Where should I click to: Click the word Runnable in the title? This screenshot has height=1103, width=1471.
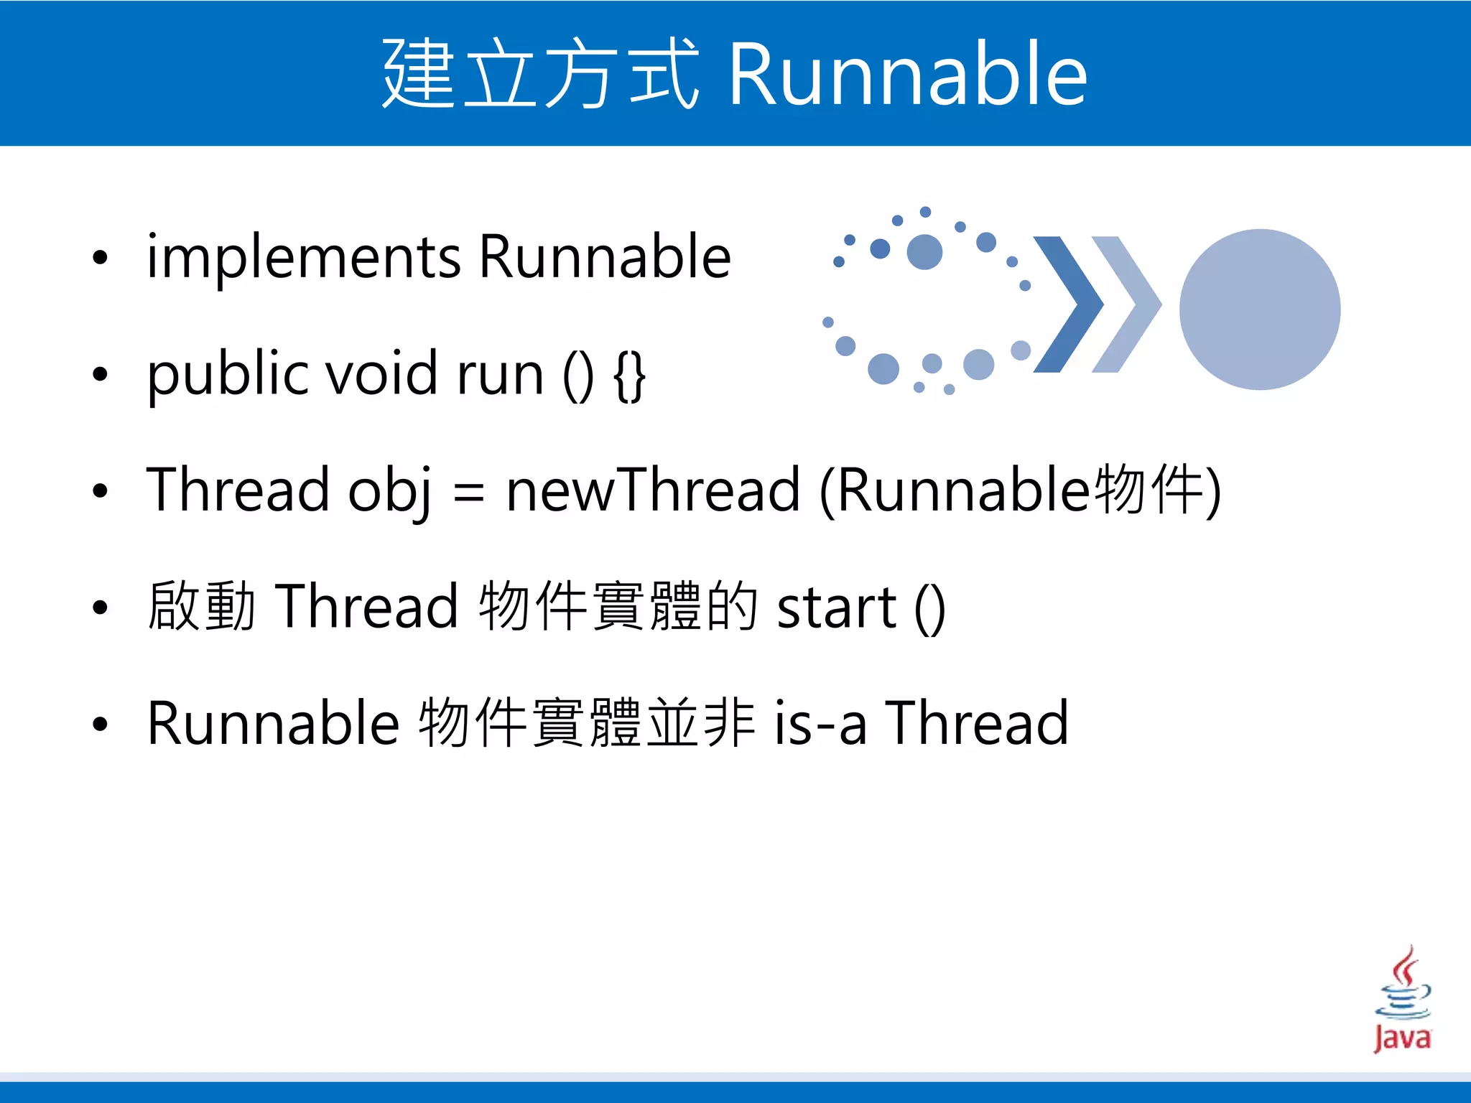pyautogui.click(x=908, y=74)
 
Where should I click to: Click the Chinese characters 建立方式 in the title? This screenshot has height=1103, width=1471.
pyautogui.click(x=540, y=74)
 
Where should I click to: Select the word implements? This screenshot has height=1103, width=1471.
pyautogui.click(x=303, y=257)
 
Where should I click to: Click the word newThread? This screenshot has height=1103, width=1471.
pyautogui.click(x=652, y=490)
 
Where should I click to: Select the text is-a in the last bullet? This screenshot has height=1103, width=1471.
pyautogui.click(x=820, y=724)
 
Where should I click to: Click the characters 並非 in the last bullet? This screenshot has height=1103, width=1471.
pyautogui.click(x=701, y=723)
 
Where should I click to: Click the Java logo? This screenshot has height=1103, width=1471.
pyautogui.click(x=1402, y=1000)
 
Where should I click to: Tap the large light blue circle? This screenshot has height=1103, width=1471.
pyautogui.click(x=1260, y=310)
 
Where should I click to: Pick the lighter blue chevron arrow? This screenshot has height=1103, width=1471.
pyautogui.click(x=1126, y=304)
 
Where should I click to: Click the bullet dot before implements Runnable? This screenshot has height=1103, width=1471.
pyautogui.click(x=100, y=258)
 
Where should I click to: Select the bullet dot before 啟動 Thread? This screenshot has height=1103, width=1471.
pyautogui.click(x=100, y=608)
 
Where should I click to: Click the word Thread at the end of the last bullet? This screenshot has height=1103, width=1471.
pyautogui.click(x=977, y=723)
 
